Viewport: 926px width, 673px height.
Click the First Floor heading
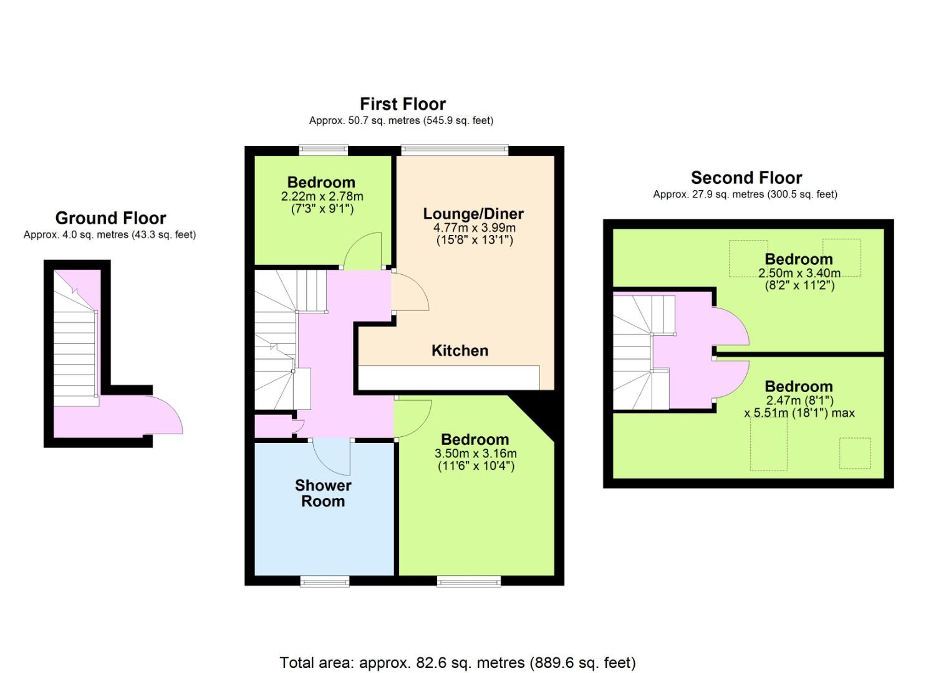click(x=403, y=104)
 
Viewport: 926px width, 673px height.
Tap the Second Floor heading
click(x=746, y=178)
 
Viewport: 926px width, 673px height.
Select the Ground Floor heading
click(x=110, y=217)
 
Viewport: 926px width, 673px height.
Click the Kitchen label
click(x=460, y=350)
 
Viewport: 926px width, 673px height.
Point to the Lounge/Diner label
click(x=473, y=214)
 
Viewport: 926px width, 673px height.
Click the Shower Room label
click(x=323, y=493)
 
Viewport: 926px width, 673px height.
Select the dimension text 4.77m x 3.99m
click(x=474, y=227)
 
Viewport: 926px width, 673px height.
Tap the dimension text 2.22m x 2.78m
click(x=322, y=196)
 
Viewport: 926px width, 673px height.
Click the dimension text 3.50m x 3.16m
click(x=475, y=453)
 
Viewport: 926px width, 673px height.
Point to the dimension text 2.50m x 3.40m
click(x=799, y=273)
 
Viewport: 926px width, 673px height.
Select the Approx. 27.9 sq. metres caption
click(x=745, y=194)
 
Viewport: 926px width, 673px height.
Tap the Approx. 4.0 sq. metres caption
click(x=110, y=235)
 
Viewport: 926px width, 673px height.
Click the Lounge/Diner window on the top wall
click(x=455, y=150)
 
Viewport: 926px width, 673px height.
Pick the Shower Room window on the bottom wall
click(x=324, y=582)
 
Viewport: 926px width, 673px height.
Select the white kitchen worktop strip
click(x=448, y=378)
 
